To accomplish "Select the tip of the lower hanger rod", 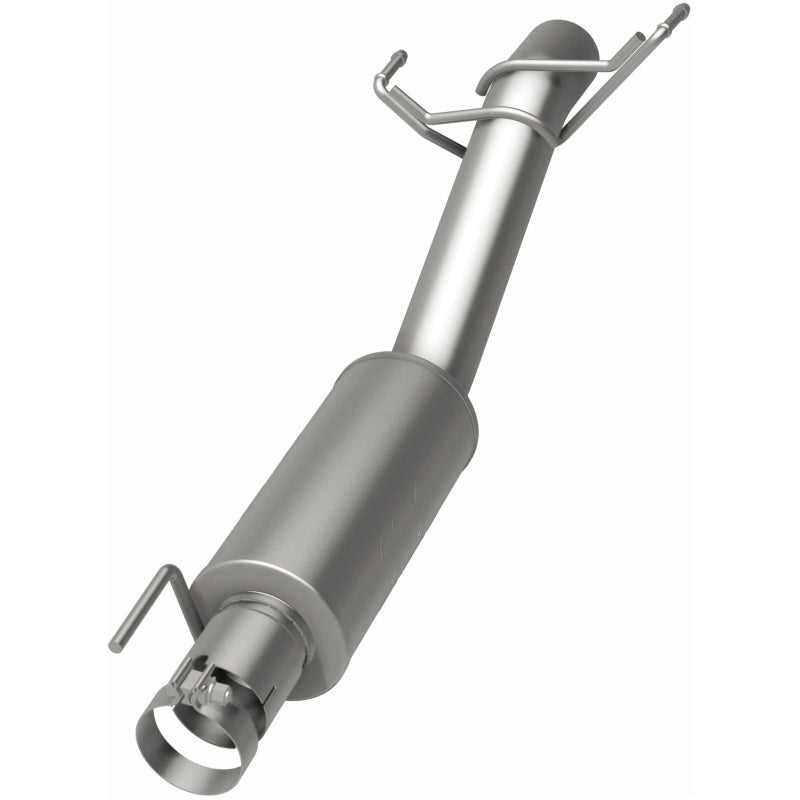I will pyautogui.click(x=115, y=646).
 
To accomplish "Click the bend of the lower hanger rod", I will pyautogui.click(x=174, y=571).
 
